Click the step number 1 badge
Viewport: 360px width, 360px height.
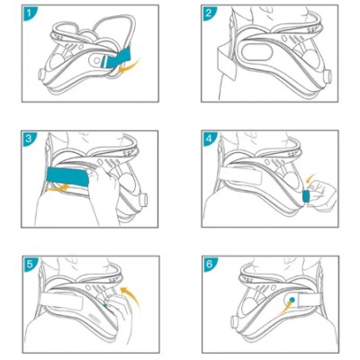(29, 13)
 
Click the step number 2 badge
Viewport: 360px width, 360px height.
(209, 13)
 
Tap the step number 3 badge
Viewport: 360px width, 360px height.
(29, 139)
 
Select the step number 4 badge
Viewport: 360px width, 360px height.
(209, 139)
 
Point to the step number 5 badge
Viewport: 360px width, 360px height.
(30, 264)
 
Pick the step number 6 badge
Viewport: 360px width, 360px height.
(209, 264)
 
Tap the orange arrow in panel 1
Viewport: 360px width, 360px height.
(130, 67)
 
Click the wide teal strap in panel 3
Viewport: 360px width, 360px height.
(67, 176)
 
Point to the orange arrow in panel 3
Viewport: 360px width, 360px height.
(56, 189)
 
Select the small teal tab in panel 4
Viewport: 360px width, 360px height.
(306, 196)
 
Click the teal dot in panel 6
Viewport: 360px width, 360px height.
(292, 299)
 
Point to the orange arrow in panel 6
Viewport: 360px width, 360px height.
(285, 309)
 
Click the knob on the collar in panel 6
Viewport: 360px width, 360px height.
(234, 321)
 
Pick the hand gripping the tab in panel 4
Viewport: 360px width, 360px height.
(321, 196)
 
